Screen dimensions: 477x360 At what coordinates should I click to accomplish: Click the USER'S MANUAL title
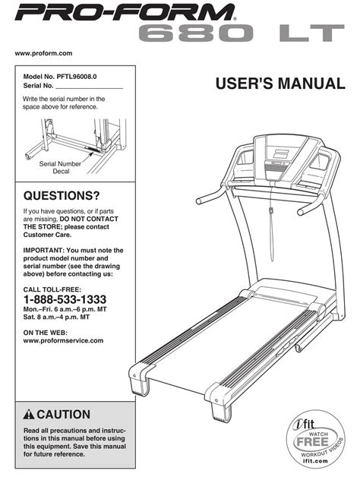pos(278,83)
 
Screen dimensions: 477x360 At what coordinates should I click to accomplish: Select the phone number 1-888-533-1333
pos(65,299)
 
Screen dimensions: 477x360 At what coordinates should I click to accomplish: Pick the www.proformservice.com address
pos(64,340)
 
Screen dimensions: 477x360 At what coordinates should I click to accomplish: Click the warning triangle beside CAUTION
pos(29,415)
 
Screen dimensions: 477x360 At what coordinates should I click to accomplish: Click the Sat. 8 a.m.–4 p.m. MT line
pos(62,318)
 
